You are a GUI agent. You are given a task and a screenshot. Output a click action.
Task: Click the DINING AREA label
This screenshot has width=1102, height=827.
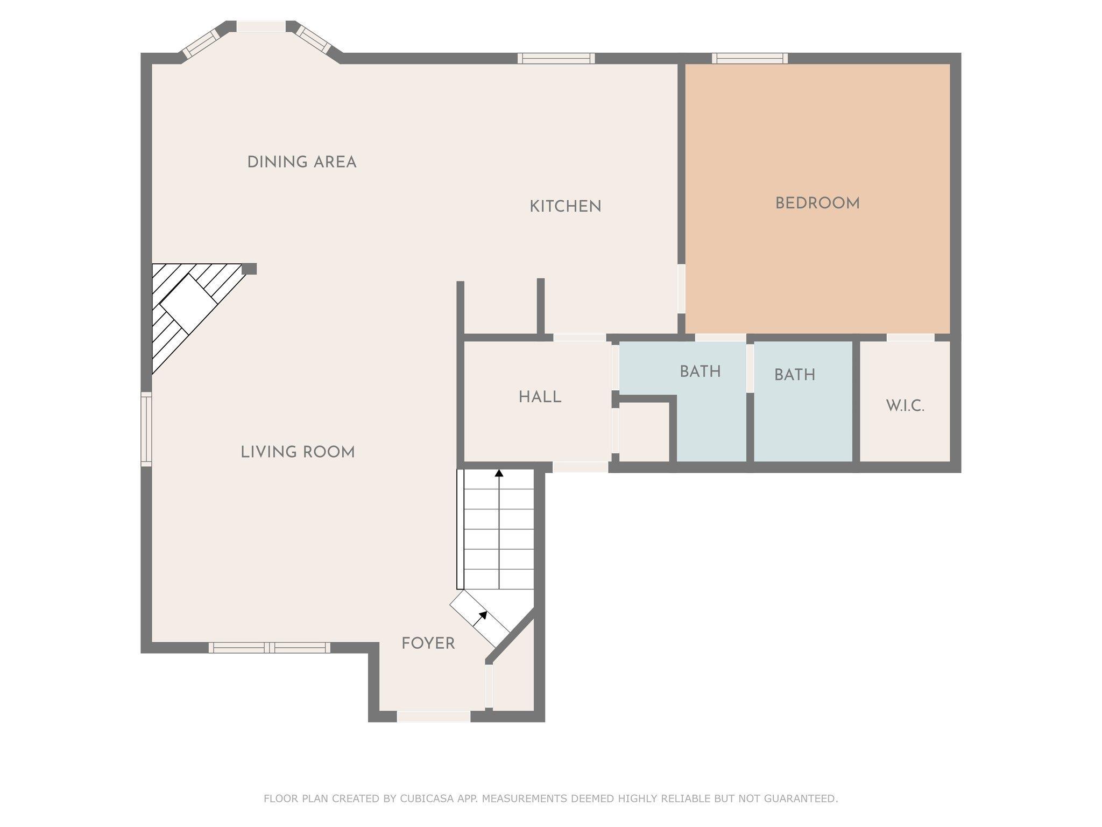tap(302, 162)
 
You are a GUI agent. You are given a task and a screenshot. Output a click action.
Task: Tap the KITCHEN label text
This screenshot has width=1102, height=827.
tap(566, 206)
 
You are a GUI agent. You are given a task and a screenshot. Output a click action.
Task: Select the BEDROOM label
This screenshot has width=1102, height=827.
tap(817, 204)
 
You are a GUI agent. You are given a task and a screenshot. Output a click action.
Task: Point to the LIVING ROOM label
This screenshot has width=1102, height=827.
tap(298, 452)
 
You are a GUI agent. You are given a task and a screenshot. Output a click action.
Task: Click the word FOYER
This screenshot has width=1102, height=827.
tap(428, 643)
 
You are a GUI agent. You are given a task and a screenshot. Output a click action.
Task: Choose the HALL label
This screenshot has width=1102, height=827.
tap(540, 397)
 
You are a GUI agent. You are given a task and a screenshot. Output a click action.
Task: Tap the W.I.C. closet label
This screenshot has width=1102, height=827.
tap(906, 406)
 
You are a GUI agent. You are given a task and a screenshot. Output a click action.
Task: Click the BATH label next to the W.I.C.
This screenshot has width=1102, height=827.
tap(795, 375)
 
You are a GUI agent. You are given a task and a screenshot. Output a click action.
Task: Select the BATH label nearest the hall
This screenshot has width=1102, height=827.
tap(700, 372)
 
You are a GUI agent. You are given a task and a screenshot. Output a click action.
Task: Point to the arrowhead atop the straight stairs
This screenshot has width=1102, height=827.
tap(499, 473)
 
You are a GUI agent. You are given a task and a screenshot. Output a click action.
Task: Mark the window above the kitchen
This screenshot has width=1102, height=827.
tap(556, 58)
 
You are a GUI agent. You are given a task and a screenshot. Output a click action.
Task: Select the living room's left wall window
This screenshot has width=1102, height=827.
tap(146, 429)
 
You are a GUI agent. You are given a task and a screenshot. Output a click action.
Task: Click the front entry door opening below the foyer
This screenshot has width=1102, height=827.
tap(434, 716)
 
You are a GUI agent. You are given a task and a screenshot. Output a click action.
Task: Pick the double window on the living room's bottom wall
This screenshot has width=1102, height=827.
tap(270, 648)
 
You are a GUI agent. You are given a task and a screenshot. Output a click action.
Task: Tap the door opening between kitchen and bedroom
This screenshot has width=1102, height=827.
tap(681, 289)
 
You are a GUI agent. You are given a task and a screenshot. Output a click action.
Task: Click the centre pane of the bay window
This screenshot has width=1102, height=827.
tap(261, 26)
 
